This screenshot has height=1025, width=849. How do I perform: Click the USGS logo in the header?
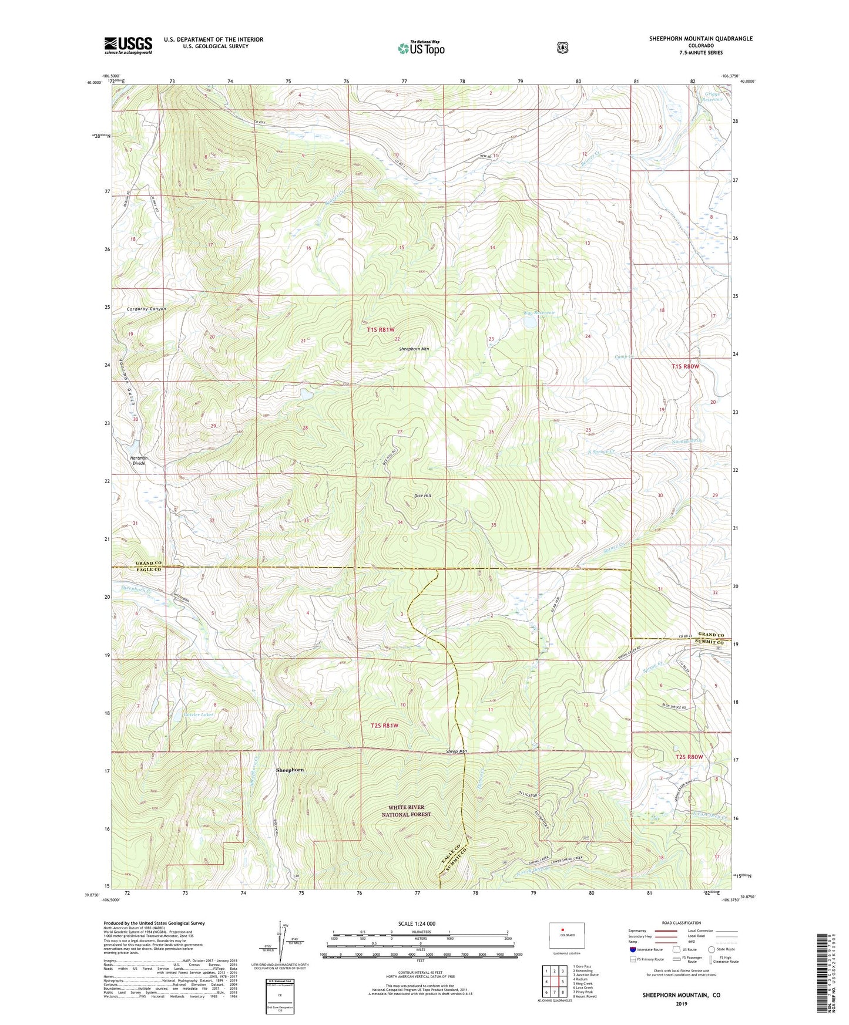click(x=128, y=45)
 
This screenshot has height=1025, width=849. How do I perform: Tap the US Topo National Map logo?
click(x=421, y=48)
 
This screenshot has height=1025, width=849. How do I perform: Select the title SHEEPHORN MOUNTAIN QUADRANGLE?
click(x=700, y=39)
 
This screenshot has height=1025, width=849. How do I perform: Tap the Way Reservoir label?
click(x=539, y=313)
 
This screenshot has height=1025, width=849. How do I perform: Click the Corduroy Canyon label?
click(x=146, y=309)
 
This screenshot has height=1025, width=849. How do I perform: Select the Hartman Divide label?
click(x=139, y=460)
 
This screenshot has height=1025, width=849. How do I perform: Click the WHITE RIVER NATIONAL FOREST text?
click(x=406, y=811)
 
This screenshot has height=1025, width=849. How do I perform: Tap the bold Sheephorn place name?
click(x=290, y=770)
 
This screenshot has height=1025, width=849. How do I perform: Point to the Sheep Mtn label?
click(x=456, y=751)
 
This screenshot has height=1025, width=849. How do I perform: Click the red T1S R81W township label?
click(x=381, y=329)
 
